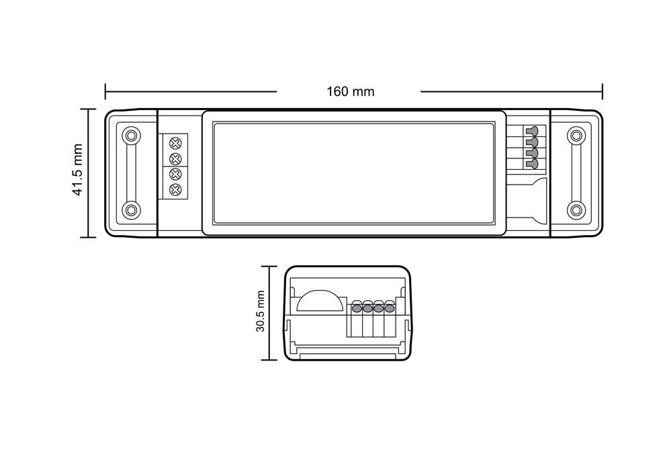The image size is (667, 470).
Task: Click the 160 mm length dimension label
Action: click(350, 91)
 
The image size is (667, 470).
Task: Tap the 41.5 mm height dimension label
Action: click(77, 170)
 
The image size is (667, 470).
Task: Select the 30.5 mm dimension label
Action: click(260, 312)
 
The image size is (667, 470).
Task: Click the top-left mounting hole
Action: click(132, 136)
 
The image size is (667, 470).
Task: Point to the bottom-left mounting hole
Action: click(132, 210)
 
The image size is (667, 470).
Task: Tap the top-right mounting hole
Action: click(576, 136)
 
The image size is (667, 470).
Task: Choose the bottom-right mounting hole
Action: click(576, 210)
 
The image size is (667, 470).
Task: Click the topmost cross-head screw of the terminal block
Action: click(175, 143)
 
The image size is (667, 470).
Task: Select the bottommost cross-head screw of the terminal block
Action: click(175, 190)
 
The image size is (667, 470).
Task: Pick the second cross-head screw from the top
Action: click(175, 159)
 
